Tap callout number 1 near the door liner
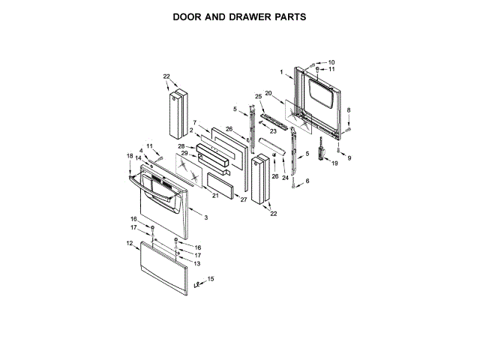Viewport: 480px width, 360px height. point(281,72)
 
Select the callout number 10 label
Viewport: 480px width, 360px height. point(331,62)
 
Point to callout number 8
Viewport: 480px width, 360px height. point(347,112)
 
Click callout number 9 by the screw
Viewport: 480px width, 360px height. point(348,157)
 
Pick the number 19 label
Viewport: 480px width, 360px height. point(335,163)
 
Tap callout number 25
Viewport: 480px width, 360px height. point(259,97)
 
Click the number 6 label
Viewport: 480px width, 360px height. point(306,181)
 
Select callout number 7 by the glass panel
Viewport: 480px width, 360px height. point(194,123)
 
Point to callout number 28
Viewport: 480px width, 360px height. point(181,145)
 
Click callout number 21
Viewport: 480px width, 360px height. point(215,196)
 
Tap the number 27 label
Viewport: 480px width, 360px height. point(243,199)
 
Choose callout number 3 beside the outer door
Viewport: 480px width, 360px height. point(205,217)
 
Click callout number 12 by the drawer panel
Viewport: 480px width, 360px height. point(129,243)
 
